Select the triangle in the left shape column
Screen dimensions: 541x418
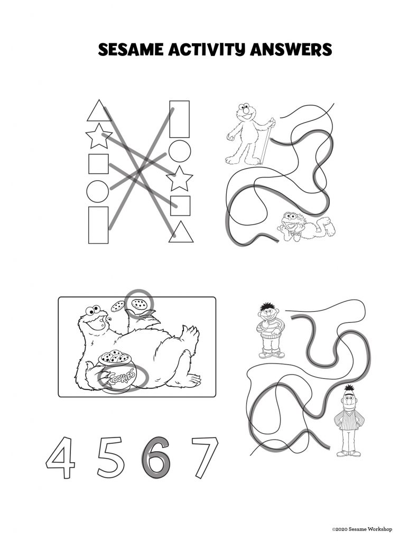click(x=97, y=111)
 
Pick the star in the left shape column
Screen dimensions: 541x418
click(x=98, y=137)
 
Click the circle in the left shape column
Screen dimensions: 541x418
click(x=97, y=191)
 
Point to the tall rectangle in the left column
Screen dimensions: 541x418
click(x=98, y=225)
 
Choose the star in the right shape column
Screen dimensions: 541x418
click(x=180, y=179)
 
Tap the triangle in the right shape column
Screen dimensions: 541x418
click(x=181, y=232)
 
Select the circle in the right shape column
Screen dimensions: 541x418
click(x=180, y=151)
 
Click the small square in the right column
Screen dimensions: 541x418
click(x=180, y=205)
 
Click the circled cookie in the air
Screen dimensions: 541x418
click(x=140, y=304)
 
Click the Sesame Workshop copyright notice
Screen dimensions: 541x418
click(x=362, y=529)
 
